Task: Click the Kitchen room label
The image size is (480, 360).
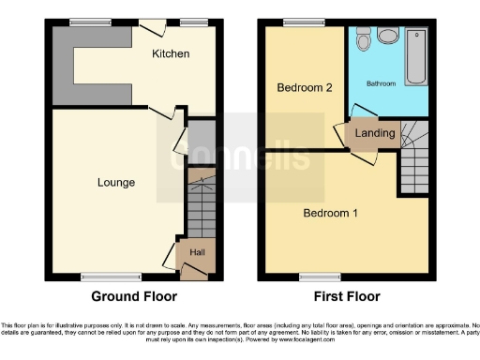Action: coord(171,54)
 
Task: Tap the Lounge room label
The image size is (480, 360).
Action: coord(115,182)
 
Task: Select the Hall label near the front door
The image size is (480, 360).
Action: coord(197,252)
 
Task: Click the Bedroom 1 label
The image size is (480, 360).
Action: coord(329,213)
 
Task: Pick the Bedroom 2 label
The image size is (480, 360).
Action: coord(303,88)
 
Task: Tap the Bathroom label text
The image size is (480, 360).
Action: coord(380,83)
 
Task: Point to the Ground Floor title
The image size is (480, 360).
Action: coord(133,296)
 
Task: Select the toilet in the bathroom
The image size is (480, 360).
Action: coord(386,38)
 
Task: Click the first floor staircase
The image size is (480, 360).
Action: coord(414,164)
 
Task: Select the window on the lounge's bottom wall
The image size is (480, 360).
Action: coord(98,277)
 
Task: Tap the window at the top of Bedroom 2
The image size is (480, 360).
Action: coord(298,22)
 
